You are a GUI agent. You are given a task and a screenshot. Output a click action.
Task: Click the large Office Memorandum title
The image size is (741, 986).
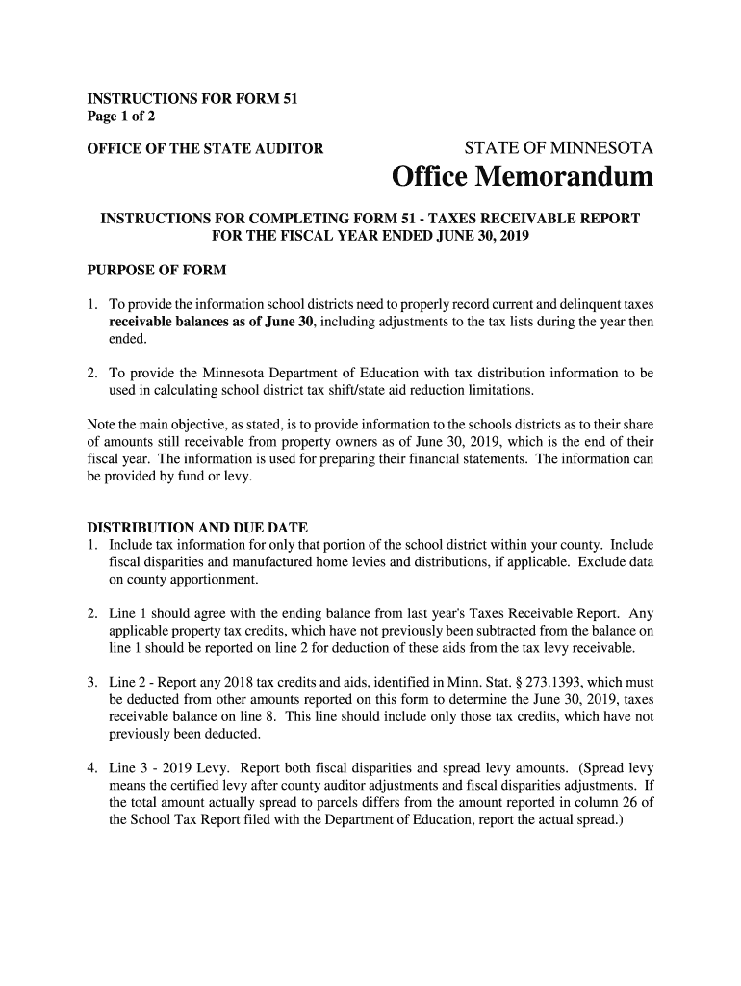point(523,178)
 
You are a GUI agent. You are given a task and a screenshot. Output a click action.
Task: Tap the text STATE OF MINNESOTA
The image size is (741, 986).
point(559,148)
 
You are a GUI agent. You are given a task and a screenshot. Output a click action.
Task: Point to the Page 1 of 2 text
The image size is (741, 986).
point(121,117)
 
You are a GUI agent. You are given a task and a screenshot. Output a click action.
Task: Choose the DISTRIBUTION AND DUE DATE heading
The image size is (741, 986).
point(197,528)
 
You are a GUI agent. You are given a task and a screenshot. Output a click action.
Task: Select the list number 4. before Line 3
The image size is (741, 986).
point(93,768)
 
